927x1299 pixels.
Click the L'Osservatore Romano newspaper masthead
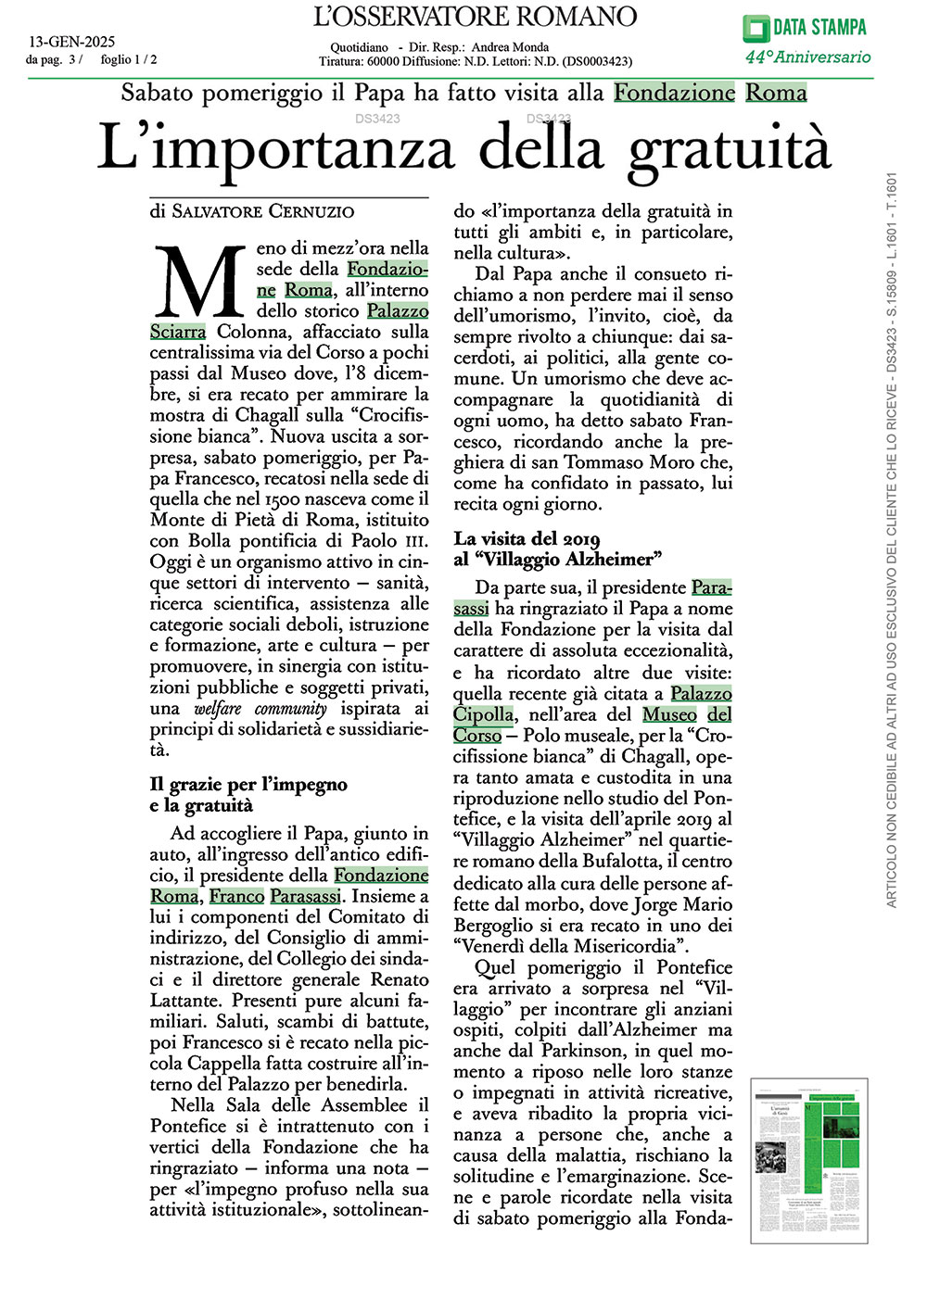click(476, 17)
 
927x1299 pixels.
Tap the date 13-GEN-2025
click(72, 42)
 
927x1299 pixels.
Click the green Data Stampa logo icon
click(756, 28)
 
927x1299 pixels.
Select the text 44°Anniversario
click(807, 57)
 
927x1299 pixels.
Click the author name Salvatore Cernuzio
click(263, 211)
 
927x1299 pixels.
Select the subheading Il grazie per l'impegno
click(248, 785)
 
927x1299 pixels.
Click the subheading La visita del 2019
click(527, 538)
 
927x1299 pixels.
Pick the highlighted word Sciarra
click(178, 332)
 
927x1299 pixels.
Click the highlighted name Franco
click(236, 896)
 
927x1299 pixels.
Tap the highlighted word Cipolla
click(483, 714)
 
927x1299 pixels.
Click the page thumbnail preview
click(808, 1160)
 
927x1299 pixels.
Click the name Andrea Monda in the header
click(510, 47)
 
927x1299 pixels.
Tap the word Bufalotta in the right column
click(604, 861)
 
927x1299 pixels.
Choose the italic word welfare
click(218, 709)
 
